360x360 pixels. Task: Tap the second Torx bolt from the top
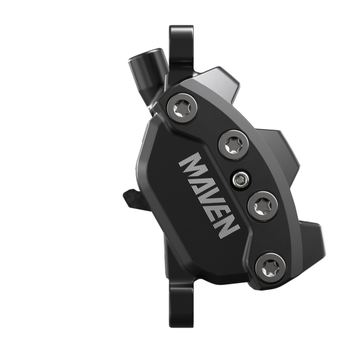point(230,145)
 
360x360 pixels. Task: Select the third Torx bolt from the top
point(261,206)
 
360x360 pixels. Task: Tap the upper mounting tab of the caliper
point(181,42)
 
